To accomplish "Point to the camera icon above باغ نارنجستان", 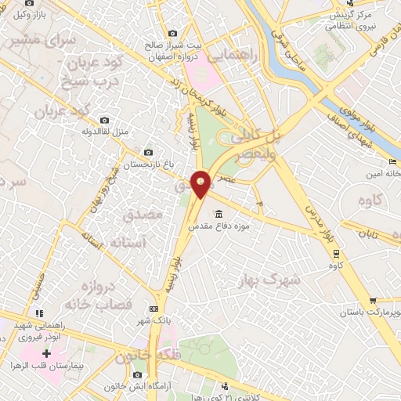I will point(149,152).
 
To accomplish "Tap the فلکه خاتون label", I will point(143,356).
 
